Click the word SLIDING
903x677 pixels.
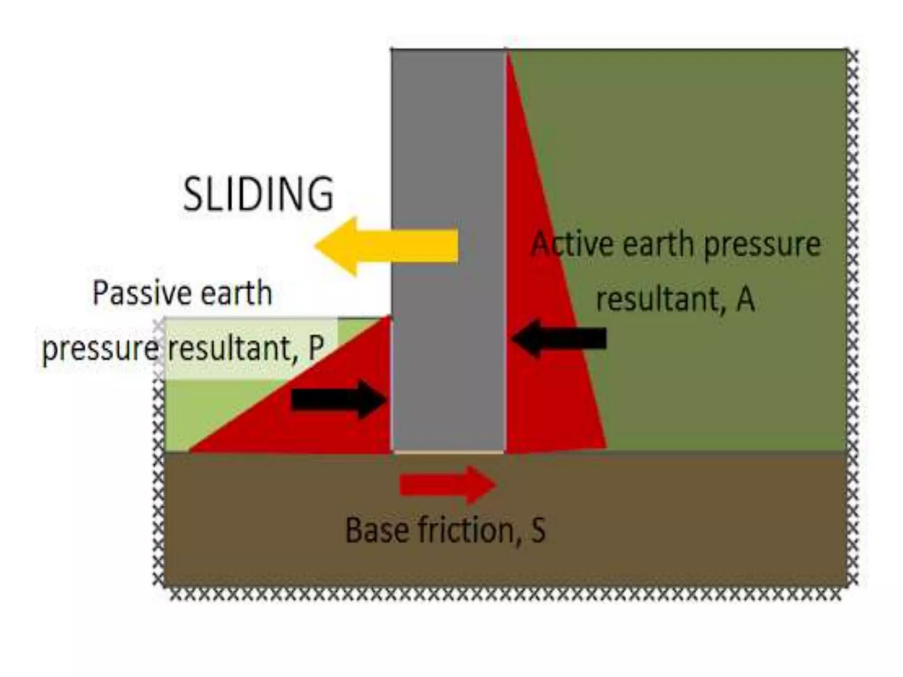258,194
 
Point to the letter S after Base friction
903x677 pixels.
538,530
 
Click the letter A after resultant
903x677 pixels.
745,299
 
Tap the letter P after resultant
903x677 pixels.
316,348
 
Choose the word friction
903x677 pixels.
467,530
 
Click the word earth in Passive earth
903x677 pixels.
236,293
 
